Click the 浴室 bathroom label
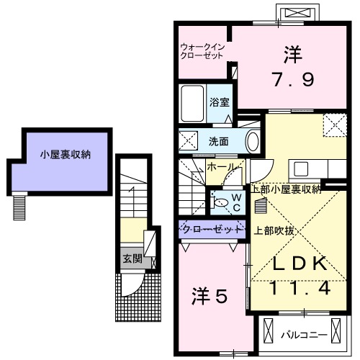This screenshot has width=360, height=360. (220, 102)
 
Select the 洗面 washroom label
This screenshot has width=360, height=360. (220, 140)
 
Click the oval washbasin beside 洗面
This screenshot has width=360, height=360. (253, 140)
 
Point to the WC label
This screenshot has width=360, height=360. (233, 202)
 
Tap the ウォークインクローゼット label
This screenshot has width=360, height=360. (204, 53)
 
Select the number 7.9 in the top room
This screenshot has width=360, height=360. (292, 79)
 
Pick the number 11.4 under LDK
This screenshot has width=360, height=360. (300, 288)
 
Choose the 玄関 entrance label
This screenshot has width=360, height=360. (130, 259)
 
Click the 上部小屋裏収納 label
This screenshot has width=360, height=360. (286, 190)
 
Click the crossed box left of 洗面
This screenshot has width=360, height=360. (188, 140)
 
